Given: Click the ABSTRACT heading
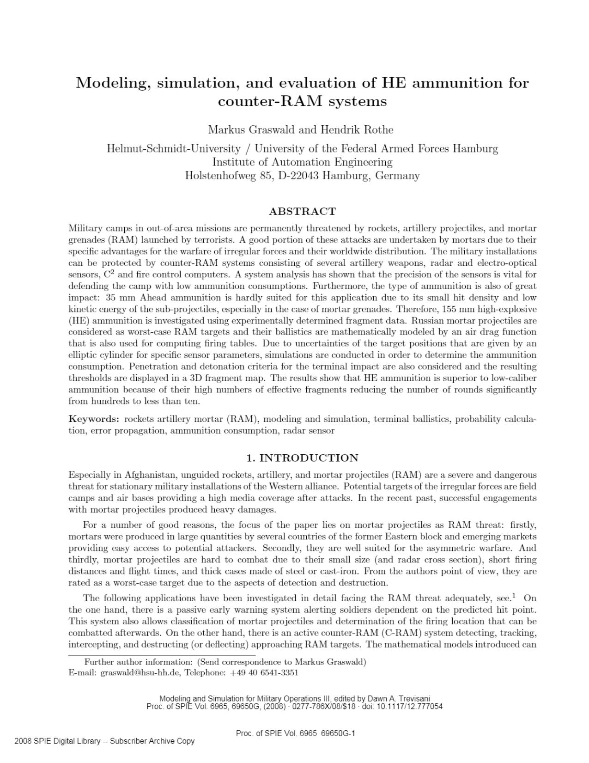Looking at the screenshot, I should tap(302, 212).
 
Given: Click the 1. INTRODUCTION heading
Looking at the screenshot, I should tap(302, 458).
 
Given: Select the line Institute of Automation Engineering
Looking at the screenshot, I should tap(302, 162).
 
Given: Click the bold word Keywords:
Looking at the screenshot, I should tap(94, 419).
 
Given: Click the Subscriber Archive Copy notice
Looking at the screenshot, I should tap(152, 741).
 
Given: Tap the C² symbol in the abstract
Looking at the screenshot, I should tap(109, 274).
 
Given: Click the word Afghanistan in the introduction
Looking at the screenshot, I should tap(151, 475).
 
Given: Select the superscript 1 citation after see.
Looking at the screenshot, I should tap(514, 596).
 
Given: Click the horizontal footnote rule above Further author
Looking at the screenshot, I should tap(162, 655).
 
